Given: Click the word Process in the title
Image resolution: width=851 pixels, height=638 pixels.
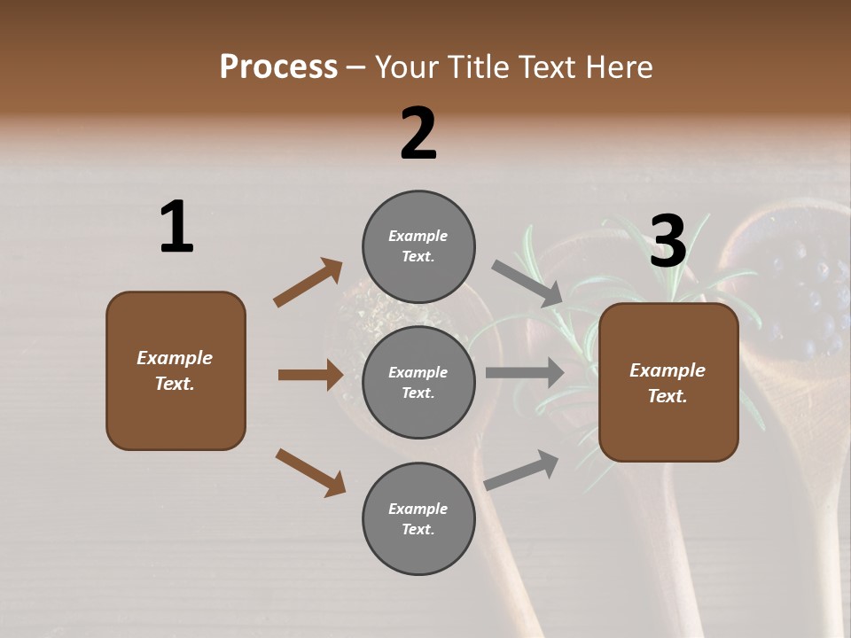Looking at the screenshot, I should pos(278,67).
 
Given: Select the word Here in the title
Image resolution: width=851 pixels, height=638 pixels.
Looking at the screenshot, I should pos(618,67).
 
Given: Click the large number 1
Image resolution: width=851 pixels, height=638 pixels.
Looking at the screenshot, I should pos(176,228).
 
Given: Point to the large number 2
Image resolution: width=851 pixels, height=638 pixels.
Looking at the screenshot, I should pos(418,134).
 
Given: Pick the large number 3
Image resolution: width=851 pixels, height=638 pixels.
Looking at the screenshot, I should pos(668,241).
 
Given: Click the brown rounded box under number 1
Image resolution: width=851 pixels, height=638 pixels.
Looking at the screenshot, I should pos(176,370).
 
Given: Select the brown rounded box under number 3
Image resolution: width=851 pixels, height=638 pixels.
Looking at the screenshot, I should pos(668,383).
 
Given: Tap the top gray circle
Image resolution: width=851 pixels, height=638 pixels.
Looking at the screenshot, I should pos(418,246).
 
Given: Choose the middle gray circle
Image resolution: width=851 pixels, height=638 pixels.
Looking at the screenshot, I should pos(418,383).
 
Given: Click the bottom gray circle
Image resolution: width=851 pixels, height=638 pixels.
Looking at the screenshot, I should pos(418,519).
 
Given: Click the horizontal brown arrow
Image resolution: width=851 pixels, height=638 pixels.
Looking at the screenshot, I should pos(310,375).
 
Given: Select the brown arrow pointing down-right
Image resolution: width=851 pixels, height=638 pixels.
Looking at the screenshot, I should pos(310,472).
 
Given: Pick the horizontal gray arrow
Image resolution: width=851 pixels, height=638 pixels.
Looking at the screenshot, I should pos(525,373).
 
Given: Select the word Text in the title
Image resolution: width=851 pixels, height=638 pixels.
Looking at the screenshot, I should pos(547,67).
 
